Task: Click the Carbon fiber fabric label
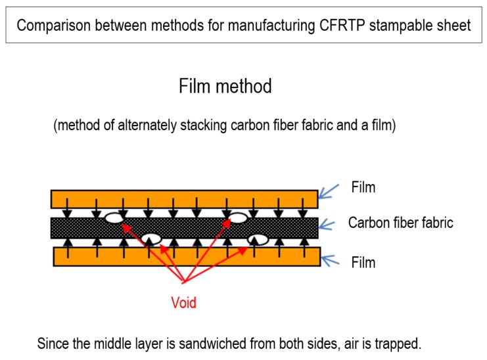point(400,223)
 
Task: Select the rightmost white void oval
point(258,239)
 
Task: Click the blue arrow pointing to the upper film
point(331,191)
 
